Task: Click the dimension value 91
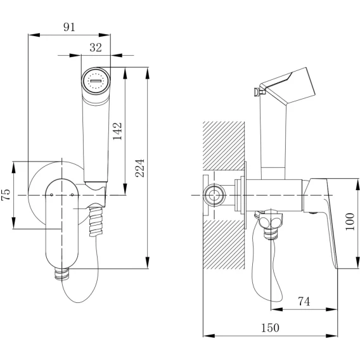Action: pos(69,27)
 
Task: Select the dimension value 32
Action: pos(96,48)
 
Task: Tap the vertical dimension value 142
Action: pos(117,131)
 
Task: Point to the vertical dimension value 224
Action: pos(139,168)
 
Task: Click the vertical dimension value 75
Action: pos(6,195)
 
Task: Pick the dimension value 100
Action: pos(350,222)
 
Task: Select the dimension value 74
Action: pos(304,302)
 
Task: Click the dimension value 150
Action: pos(270,328)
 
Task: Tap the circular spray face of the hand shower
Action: pos(96,81)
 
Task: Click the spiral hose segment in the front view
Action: pos(96,222)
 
